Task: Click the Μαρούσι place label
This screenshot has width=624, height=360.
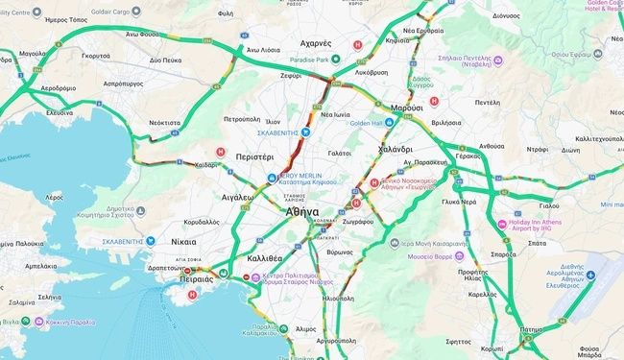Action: pyautogui.click(x=407, y=108)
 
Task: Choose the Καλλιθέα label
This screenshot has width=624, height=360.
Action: pyautogui.click(x=264, y=258)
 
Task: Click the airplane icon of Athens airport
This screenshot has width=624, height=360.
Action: pyautogui.click(x=592, y=276)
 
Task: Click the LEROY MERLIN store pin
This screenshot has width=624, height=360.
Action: pyautogui.click(x=273, y=178)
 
